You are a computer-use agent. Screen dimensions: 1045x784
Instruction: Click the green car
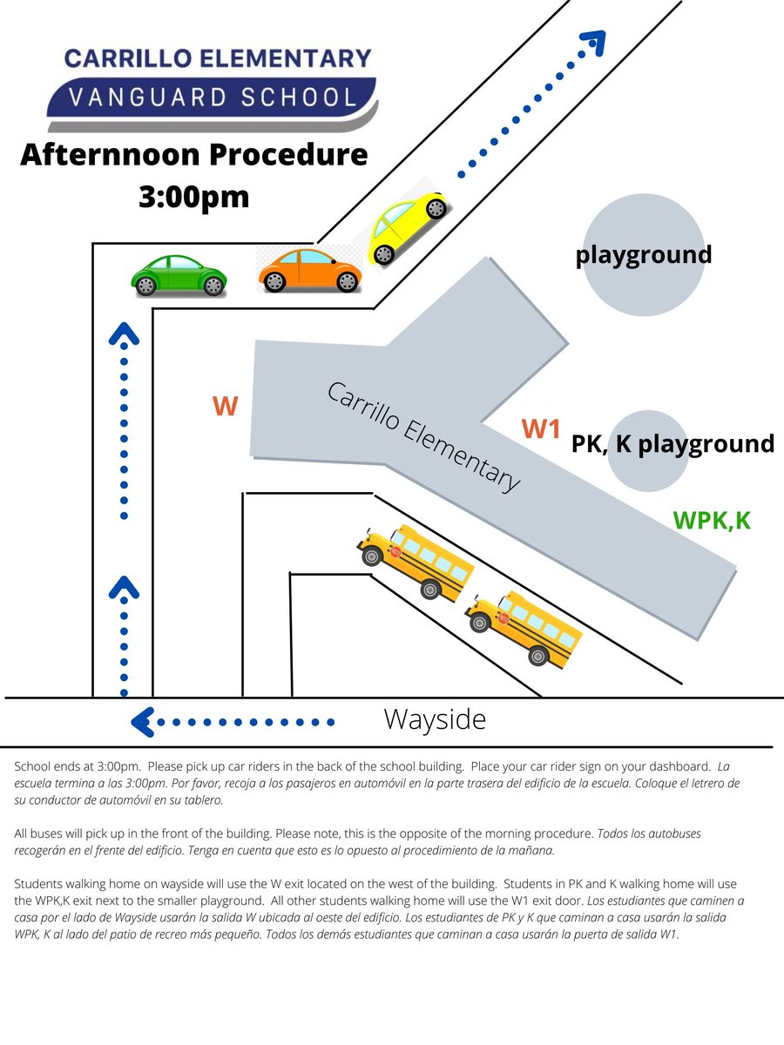pyautogui.click(x=179, y=273)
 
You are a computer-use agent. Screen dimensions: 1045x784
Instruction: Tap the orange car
pyautogui.click(x=309, y=270)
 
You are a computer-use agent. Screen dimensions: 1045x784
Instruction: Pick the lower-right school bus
pyautogui.click(x=524, y=627)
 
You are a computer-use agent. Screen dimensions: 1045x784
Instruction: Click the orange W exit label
pyautogui.click(x=225, y=407)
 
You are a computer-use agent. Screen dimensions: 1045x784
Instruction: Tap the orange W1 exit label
pyautogui.click(x=540, y=428)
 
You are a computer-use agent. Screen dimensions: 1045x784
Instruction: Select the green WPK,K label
pyautogui.click(x=712, y=521)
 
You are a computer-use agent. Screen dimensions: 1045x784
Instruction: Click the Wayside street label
pyautogui.click(x=435, y=720)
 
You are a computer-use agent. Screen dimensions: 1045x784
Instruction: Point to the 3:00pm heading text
pyautogui.click(x=194, y=196)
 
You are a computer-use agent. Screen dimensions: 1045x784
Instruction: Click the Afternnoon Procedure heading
pyautogui.click(x=194, y=155)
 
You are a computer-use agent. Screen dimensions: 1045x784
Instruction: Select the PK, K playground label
pyautogui.click(x=672, y=444)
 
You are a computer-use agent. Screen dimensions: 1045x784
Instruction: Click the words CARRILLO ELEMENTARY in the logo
pyautogui.click(x=218, y=58)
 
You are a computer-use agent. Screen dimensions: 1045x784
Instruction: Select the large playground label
pyautogui.click(x=644, y=255)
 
